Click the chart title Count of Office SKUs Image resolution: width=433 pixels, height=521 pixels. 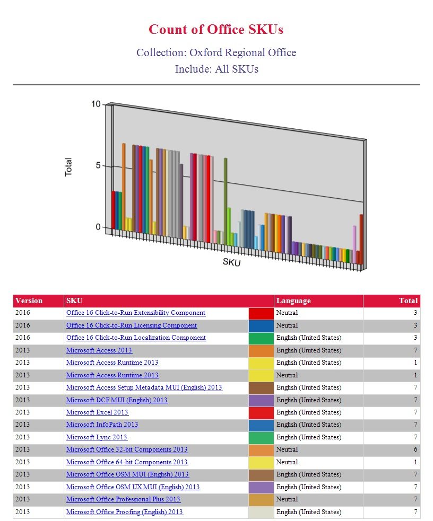(x=216, y=29)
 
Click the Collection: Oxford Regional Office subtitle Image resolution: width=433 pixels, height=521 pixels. (x=216, y=52)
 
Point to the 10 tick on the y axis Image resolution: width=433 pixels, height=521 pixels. (x=96, y=104)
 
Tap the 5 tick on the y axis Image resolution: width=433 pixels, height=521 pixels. (x=98, y=165)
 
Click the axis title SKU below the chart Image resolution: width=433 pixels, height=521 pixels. (x=231, y=262)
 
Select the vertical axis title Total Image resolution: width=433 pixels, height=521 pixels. (x=68, y=167)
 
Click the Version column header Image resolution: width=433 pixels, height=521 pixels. (x=29, y=301)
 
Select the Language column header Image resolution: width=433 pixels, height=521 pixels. (x=293, y=301)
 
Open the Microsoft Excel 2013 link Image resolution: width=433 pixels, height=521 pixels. (x=97, y=412)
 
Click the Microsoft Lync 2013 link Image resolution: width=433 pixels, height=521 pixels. (x=97, y=437)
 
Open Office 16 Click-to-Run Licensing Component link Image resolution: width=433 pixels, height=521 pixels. (x=132, y=325)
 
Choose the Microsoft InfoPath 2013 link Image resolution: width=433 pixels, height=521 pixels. (x=102, y=425)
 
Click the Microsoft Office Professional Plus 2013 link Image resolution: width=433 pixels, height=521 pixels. (x=123, y=499)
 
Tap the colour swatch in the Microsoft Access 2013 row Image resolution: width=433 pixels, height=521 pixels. (x=261, y=351)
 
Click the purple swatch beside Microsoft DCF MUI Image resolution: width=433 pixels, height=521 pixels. (x=261, y=401)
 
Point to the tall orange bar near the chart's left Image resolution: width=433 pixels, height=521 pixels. (x=124, y=187)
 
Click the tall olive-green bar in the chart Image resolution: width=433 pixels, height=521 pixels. (x=226, y=201)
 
